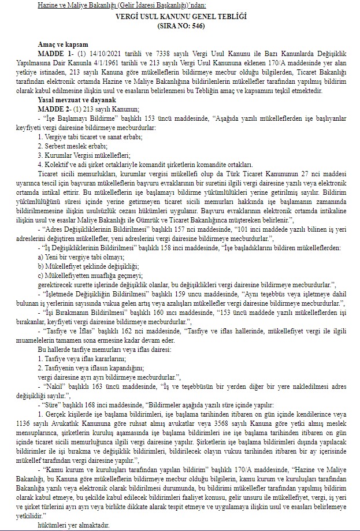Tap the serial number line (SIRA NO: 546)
(180, 26)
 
